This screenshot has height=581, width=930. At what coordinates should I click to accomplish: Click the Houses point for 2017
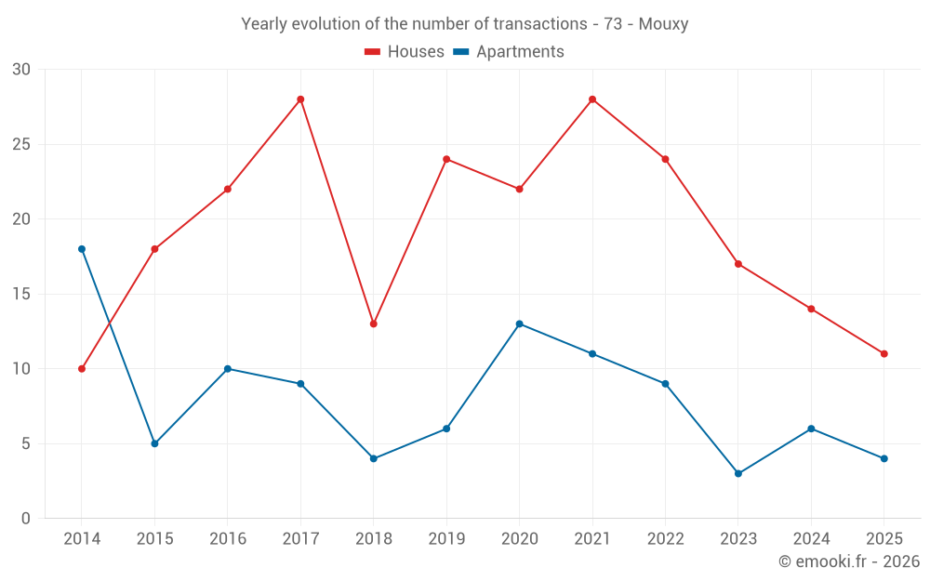click(300, 99)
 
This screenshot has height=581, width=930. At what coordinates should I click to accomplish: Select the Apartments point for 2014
click(82, 249)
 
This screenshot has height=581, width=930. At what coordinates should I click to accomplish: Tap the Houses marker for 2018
click(373, 324)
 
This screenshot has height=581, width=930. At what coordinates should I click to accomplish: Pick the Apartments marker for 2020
click(519, 324)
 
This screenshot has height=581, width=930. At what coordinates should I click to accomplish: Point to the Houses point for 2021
click(592, 99)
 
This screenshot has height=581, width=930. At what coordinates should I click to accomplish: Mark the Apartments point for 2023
click(738, 473)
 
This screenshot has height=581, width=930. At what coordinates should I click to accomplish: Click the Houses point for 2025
click(883, 353)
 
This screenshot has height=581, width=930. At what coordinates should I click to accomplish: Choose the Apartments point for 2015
click(154, 443)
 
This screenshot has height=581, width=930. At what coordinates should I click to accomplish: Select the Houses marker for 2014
click(82, 369)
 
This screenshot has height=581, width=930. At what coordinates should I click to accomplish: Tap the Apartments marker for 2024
click(811, 429)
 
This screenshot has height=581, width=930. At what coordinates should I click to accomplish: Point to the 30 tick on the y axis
click(21, 70)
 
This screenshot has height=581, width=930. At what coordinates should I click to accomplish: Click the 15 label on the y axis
click(21, 294)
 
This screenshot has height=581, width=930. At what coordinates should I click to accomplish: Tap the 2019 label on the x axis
click(446, 538)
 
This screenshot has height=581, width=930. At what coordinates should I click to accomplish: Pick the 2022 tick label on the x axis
click(665, 538)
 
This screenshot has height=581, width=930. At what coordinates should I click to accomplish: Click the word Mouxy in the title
click(663, 24)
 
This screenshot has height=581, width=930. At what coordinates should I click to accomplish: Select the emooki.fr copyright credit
click(848, 561)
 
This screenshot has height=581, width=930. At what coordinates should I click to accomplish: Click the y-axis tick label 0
click(26, 519)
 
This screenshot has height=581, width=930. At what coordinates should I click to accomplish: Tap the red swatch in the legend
click(372, 52)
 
